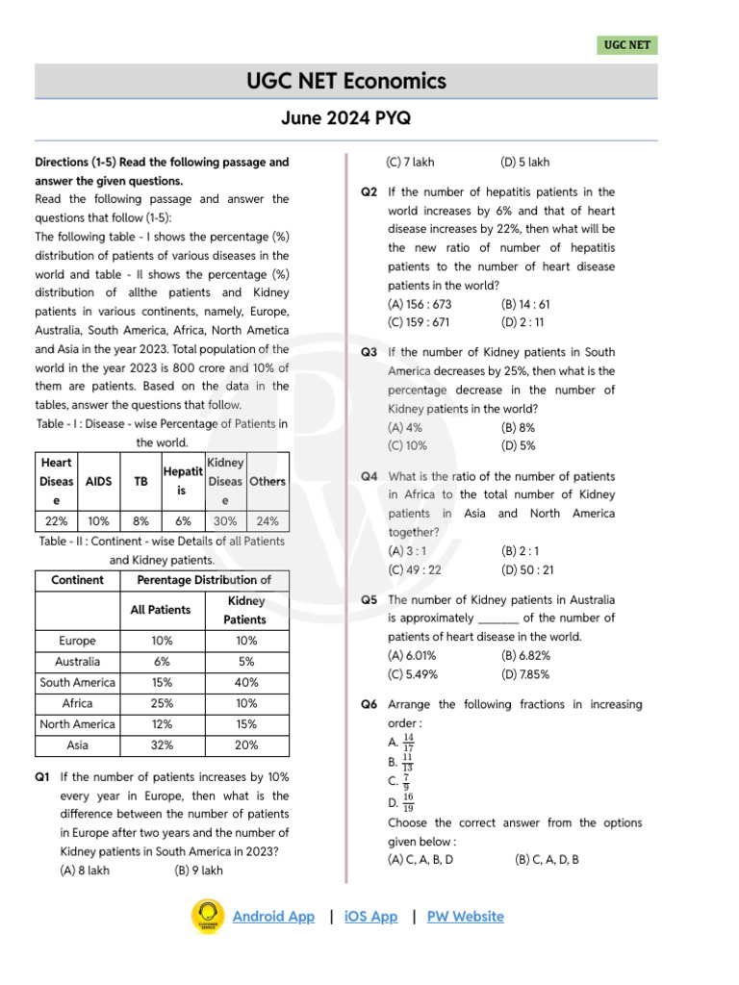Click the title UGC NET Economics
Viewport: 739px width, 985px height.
[346, 82]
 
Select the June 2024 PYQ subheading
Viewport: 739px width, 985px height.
[346, 119]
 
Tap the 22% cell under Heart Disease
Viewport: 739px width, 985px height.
[57, 521]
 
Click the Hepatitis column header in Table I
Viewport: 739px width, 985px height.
[182, 481]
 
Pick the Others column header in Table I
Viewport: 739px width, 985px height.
[268, 481]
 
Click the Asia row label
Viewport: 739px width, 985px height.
[77, 745]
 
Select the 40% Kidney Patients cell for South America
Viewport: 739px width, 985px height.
[245, 683]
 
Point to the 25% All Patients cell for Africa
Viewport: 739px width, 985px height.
[162, 703]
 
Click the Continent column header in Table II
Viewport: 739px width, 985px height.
[77, 580]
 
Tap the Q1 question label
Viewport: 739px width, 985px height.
[43, 777]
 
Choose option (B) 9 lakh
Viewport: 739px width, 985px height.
[198, 871]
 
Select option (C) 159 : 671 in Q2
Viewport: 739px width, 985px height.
[419, 322]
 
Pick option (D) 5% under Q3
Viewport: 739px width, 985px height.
[519, 445]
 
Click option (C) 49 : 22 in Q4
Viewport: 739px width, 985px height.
[415, 569]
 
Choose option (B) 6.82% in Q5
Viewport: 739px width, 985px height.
[525, 655]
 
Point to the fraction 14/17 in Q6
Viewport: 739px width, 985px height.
[408, 743]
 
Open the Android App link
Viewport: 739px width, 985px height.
[273, 917]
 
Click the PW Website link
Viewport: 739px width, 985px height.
[465, 917]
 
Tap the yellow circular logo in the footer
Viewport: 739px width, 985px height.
[207, 917]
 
